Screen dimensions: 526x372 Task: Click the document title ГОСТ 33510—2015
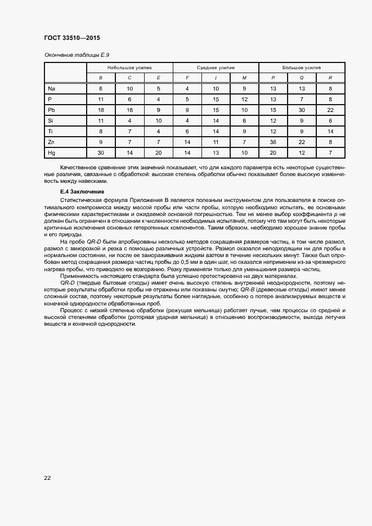click(x=72, y=38)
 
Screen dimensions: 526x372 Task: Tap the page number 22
click(x=47, y=478)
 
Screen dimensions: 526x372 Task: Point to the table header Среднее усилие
click(x=216, y=67)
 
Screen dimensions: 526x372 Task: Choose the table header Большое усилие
click(x=301, y=67)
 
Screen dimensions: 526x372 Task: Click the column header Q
click(x=302, y=78)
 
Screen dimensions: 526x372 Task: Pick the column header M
click(x=244, y=78)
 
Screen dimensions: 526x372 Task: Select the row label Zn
click(x=51, y=142)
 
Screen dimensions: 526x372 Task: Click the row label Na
click(x=51, y=88)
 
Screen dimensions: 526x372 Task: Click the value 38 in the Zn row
click(x=273, y=142)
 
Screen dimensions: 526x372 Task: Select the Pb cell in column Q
click(x=302, y=110)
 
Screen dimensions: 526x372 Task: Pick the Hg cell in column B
click(x=101, y=152)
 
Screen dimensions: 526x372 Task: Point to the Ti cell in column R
click(x=330, y=131)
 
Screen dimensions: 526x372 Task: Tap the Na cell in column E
click(x=158, y=88)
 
